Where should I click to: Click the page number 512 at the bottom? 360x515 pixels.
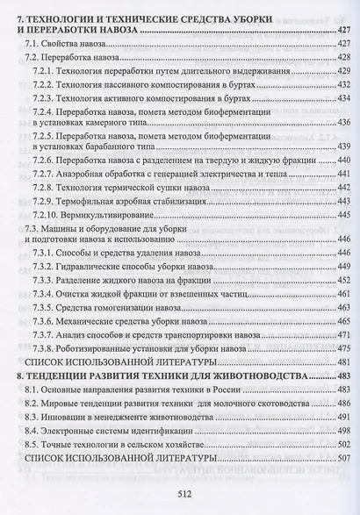(181, 492)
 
